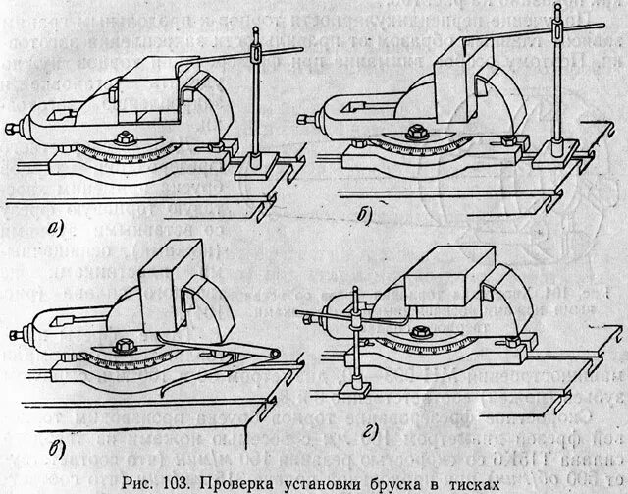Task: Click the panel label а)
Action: [56, 231]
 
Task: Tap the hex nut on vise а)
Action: [127, 138]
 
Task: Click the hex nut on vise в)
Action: [126, 347]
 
